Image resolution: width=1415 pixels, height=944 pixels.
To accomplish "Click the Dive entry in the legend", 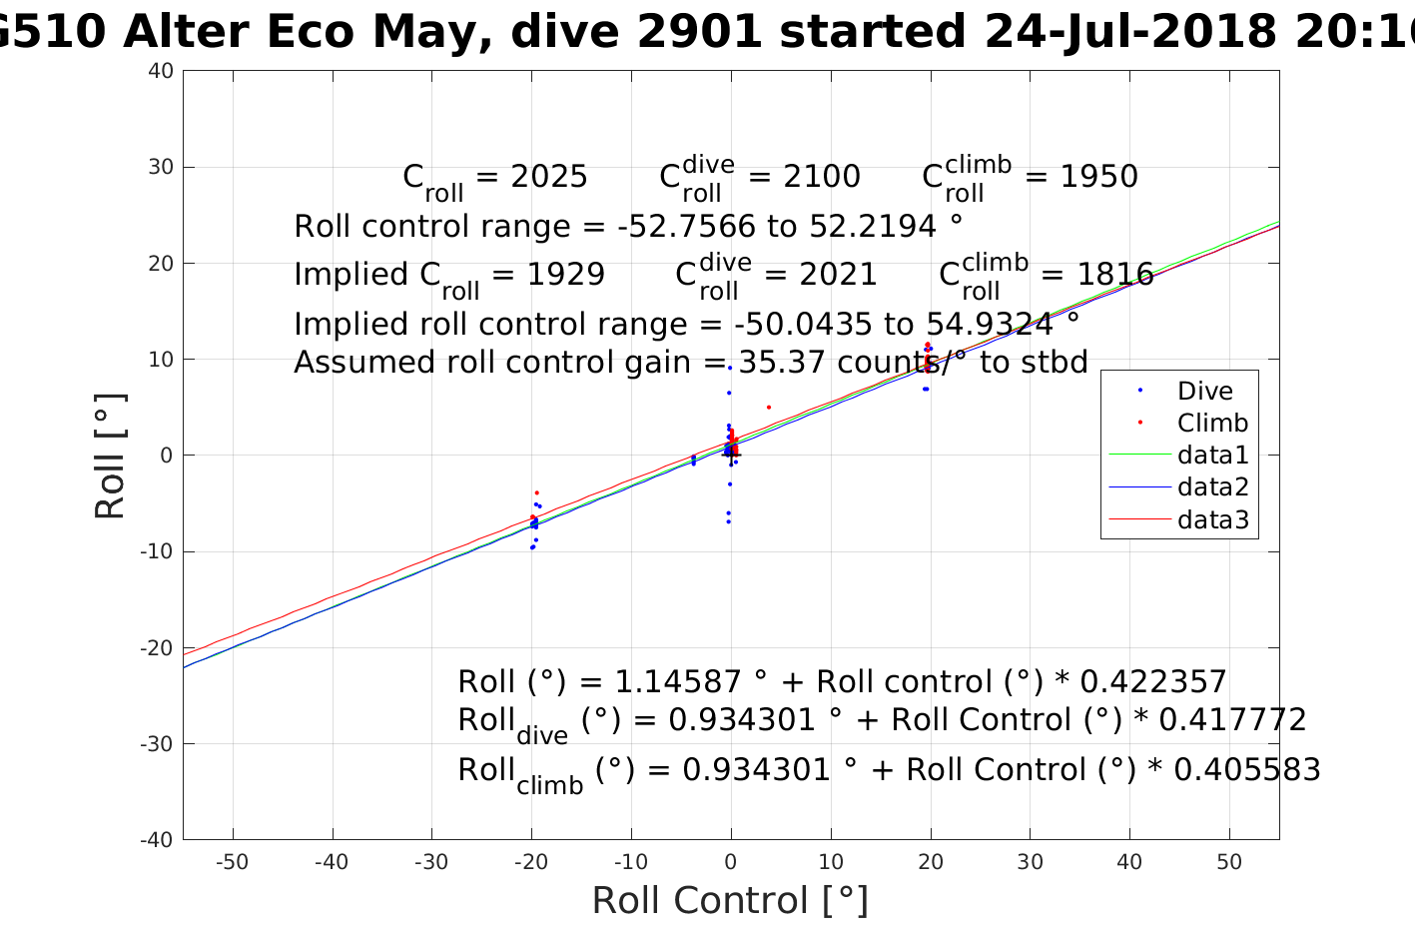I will (x=1204, y=391).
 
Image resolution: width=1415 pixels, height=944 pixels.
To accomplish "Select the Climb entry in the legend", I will (x=1212, y=423).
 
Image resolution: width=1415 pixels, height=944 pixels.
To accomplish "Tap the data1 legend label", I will (x=1213, y=455).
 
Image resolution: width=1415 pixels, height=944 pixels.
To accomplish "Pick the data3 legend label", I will (x=1213, y=518).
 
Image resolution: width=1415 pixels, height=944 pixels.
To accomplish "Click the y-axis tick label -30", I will (x=158, y=743).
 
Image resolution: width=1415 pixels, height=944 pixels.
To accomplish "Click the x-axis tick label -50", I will (x=232, y=862).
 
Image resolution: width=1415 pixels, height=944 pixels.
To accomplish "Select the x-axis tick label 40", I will (x=1129, y=862).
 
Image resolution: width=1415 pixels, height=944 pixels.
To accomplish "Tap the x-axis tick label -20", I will (x=531, y=862).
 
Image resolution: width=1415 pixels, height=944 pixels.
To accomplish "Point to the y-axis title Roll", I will (x=110, y=456).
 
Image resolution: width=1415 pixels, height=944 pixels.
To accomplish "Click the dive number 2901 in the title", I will (x=700, y=33).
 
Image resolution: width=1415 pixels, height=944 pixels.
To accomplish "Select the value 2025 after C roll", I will (x=549, y=177).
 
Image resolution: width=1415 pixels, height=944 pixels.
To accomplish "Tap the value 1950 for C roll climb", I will (x=1098, y=177).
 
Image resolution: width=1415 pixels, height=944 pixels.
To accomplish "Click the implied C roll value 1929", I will (x=566, y=275).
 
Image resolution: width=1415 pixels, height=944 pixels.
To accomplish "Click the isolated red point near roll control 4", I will (x=768, y=407).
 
